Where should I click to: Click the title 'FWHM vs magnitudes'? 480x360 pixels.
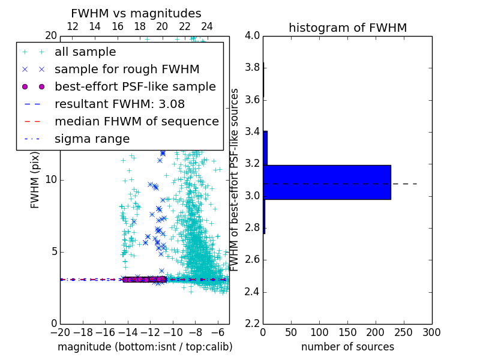(136, 13)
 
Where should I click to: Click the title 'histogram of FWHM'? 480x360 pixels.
(347, 28)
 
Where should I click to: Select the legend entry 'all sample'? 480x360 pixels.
(85, 52)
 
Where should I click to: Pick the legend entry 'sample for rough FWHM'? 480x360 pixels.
(127, 70)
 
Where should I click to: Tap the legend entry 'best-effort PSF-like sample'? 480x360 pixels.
(135, 87)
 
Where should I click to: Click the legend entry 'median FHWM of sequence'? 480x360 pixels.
(136, 122)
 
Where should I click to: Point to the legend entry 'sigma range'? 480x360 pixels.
(92, 139)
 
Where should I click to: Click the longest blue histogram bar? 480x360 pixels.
(327, 182)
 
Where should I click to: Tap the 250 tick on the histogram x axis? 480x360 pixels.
(404, 332)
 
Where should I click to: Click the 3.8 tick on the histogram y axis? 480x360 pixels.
(251, 68)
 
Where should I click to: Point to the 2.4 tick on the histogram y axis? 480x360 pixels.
(251, 292)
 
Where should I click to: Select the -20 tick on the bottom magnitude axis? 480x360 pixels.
(60, 332)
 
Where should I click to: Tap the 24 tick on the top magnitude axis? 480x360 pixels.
(207, 27)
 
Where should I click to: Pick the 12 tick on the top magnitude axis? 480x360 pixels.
(73, 27)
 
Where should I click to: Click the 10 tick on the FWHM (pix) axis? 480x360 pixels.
(50, 180)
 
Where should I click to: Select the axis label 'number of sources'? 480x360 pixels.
(347, 347)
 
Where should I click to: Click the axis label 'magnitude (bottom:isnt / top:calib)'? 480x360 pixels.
(145, 347)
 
